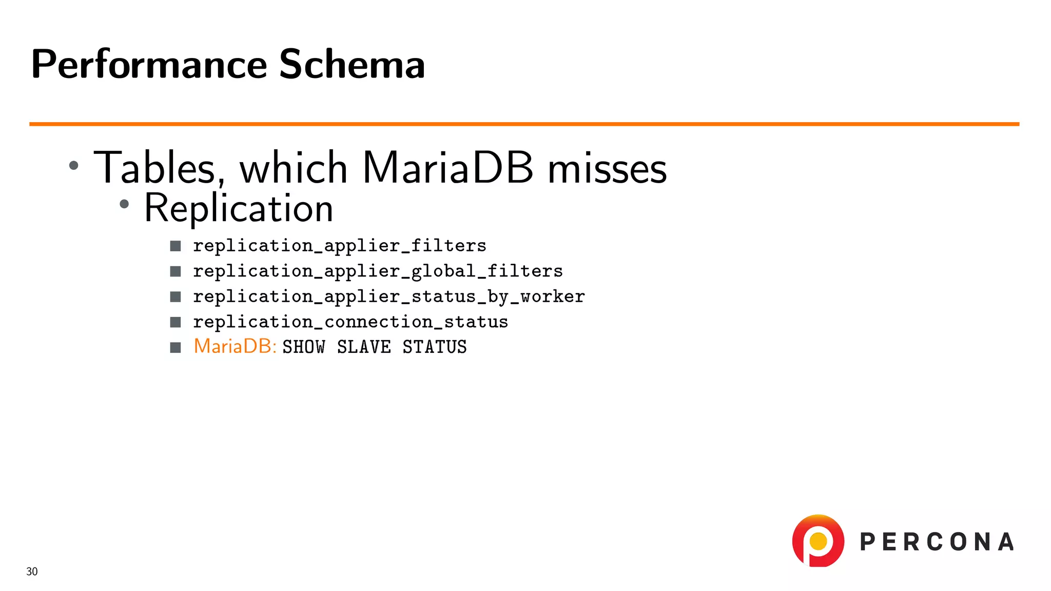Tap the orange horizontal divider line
[523, 124]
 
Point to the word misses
[607, 168]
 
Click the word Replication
[239, 208]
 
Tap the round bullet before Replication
[124, 204]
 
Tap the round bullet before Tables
[74, 165]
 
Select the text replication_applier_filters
[339, 246]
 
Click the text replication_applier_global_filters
[378, 271]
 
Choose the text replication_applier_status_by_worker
[388, 297]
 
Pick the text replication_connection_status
[351, 322]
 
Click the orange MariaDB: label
[235, 346]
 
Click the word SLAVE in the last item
[364, 347]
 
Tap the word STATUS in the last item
[434, 347]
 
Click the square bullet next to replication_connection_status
[176, 322]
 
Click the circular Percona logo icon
[818, 541]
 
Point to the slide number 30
[32, 572]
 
